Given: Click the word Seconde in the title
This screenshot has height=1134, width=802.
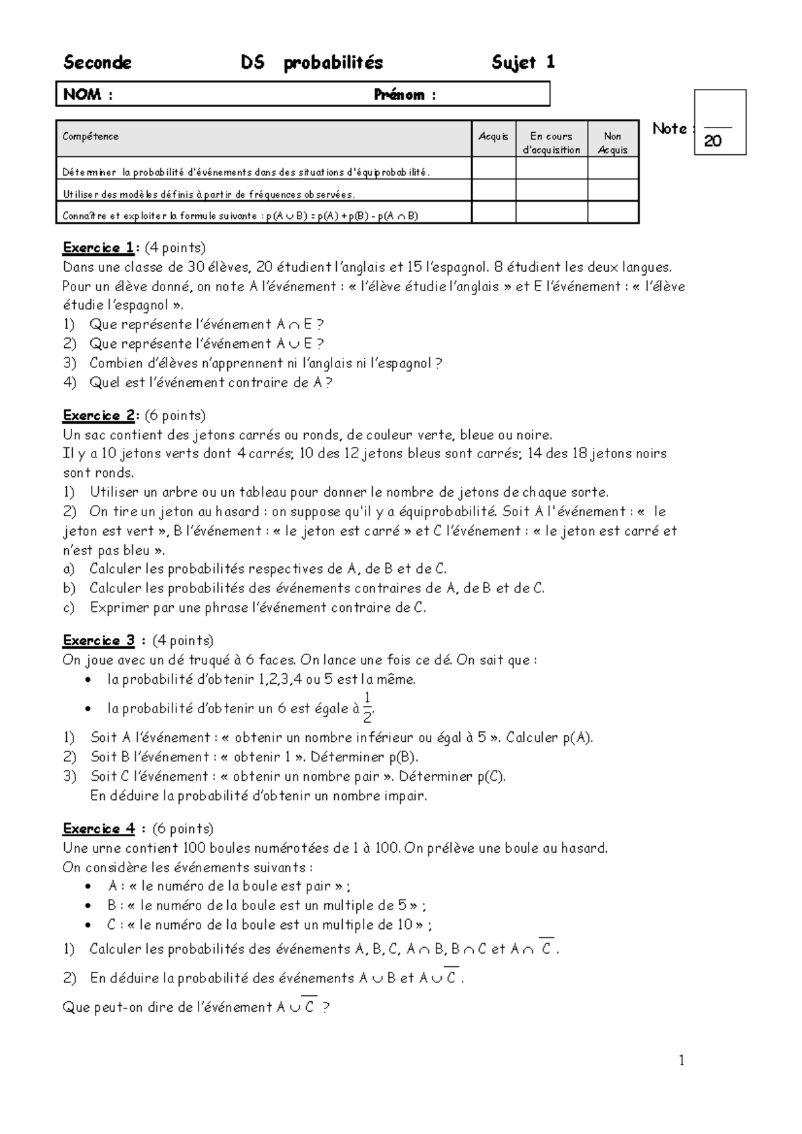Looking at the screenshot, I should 97,63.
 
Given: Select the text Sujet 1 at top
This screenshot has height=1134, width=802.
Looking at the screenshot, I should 523,63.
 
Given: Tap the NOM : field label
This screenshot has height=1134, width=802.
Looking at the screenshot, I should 88,95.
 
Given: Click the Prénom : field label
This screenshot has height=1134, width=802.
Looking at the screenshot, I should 404,95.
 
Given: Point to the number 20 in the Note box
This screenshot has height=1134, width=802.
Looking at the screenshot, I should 712,142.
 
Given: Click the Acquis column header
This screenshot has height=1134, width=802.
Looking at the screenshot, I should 493,136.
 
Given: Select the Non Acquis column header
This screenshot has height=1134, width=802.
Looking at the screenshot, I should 612,143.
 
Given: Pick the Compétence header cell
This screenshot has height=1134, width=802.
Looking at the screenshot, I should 90,136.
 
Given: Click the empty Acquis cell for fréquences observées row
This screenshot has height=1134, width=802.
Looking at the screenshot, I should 493,194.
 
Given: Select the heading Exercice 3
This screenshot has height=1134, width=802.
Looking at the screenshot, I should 100,640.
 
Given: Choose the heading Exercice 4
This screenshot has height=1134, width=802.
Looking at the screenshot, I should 100,829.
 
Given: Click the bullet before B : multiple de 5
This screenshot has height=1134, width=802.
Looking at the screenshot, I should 89,906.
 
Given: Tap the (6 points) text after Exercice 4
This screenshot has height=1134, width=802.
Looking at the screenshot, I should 182,829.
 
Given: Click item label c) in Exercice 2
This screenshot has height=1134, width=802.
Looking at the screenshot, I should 69,608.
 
